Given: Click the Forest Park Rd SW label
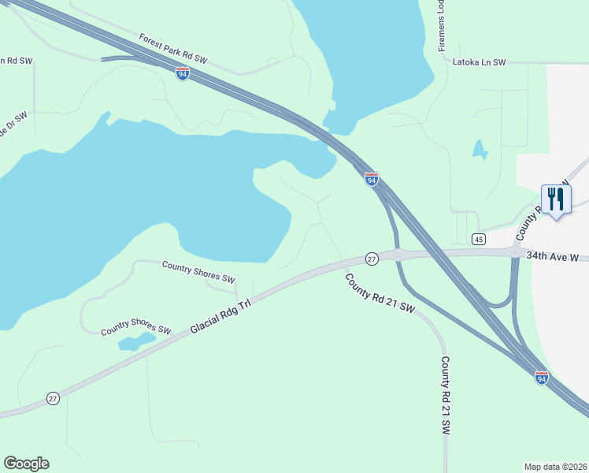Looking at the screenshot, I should point(172,48).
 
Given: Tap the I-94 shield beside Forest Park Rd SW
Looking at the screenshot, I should point(183,73).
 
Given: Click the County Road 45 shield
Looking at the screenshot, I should point(478,239).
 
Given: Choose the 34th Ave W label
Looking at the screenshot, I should point(552,256).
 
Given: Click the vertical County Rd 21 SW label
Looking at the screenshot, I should point(445,396).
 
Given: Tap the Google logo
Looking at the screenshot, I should point(27,464).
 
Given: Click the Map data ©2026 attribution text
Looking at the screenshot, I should point(555,466).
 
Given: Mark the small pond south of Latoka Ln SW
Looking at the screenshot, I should point(480,148).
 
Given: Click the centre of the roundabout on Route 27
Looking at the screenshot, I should point(399,254).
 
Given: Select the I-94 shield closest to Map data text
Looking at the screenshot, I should point(542,378).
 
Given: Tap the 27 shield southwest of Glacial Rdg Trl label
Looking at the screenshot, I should point(53,398).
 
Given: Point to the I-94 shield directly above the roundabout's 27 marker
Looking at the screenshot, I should point(372,179).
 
